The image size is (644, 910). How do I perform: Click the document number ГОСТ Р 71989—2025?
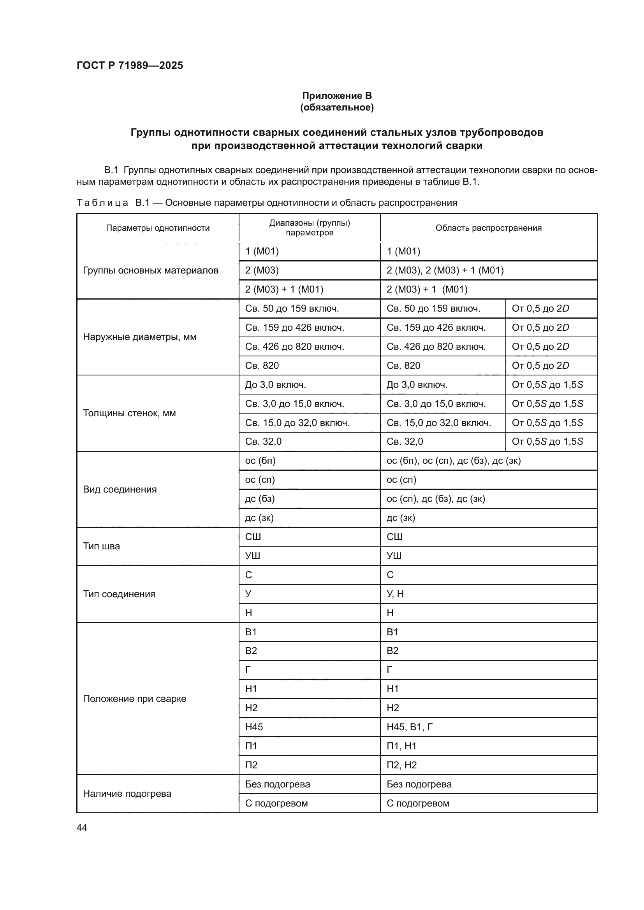pyautogui.click(x=130, y=66)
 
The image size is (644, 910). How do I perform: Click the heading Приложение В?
pyautogui.click(x=337, y=96)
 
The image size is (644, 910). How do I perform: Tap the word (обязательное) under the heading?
pyautogui.click(x=337, y=107)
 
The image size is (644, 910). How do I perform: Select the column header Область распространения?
pyautogui.click(x=488, y=228)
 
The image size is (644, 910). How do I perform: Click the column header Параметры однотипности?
pyautogui.click(x=157, y=228)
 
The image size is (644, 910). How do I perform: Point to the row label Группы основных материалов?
pyautogui.click(x=151, y=270)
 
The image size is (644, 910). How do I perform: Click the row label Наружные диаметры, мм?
pyautogui.click(x=140, y=337)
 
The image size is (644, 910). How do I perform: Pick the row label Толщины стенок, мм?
pyautogui.click(x=129, y=413)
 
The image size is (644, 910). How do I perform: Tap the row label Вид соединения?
pyautogui.click(x=120, y=489)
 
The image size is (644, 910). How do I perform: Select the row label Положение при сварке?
pyautogui.click(x=134, y=698)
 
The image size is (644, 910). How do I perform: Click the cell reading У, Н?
pyautogui.click(x=395, y=594)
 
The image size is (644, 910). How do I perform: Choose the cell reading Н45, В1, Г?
pyautogui.click(x=409, y=727)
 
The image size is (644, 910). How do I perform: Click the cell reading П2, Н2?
pyautogui.click(x=401, y=765)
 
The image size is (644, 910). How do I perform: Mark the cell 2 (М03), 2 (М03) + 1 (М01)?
pyautogui.click(x=445, y=270)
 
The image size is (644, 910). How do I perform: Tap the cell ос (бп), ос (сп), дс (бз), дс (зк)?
pyautogui.click(x=453, y=461)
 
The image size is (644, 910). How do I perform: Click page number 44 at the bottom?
pyautogui.click(x=82, y=828)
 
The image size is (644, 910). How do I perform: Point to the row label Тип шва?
pyautogui.click(x=101, y=546)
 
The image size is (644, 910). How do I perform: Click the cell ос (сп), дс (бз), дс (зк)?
pyautogui.click(x=435, y=499)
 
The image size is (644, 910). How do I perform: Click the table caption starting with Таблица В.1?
pyautogui.click(x=266, y=203)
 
